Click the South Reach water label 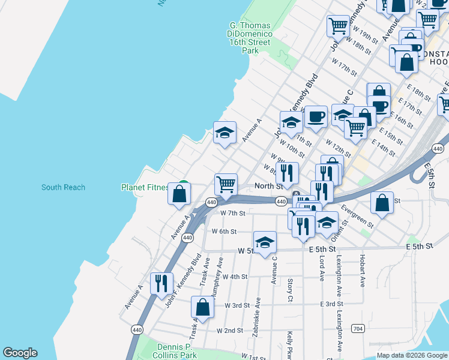63,187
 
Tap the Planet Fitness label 145,187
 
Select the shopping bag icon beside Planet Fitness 179,194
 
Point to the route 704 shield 358,328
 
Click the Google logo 20,353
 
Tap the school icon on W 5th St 265,243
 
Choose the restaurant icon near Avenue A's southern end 161,283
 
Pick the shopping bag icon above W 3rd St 203,307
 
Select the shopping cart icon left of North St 226,184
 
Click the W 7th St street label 233,213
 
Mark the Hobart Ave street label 363,272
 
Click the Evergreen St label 357,217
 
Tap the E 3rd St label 331,304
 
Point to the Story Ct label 290,289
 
